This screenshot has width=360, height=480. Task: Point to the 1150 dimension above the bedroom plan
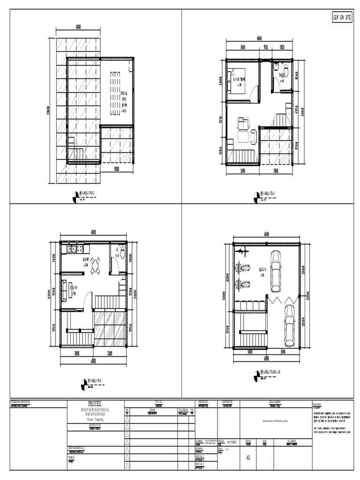click(265, 47)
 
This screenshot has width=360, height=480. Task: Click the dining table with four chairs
click(96, 266)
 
